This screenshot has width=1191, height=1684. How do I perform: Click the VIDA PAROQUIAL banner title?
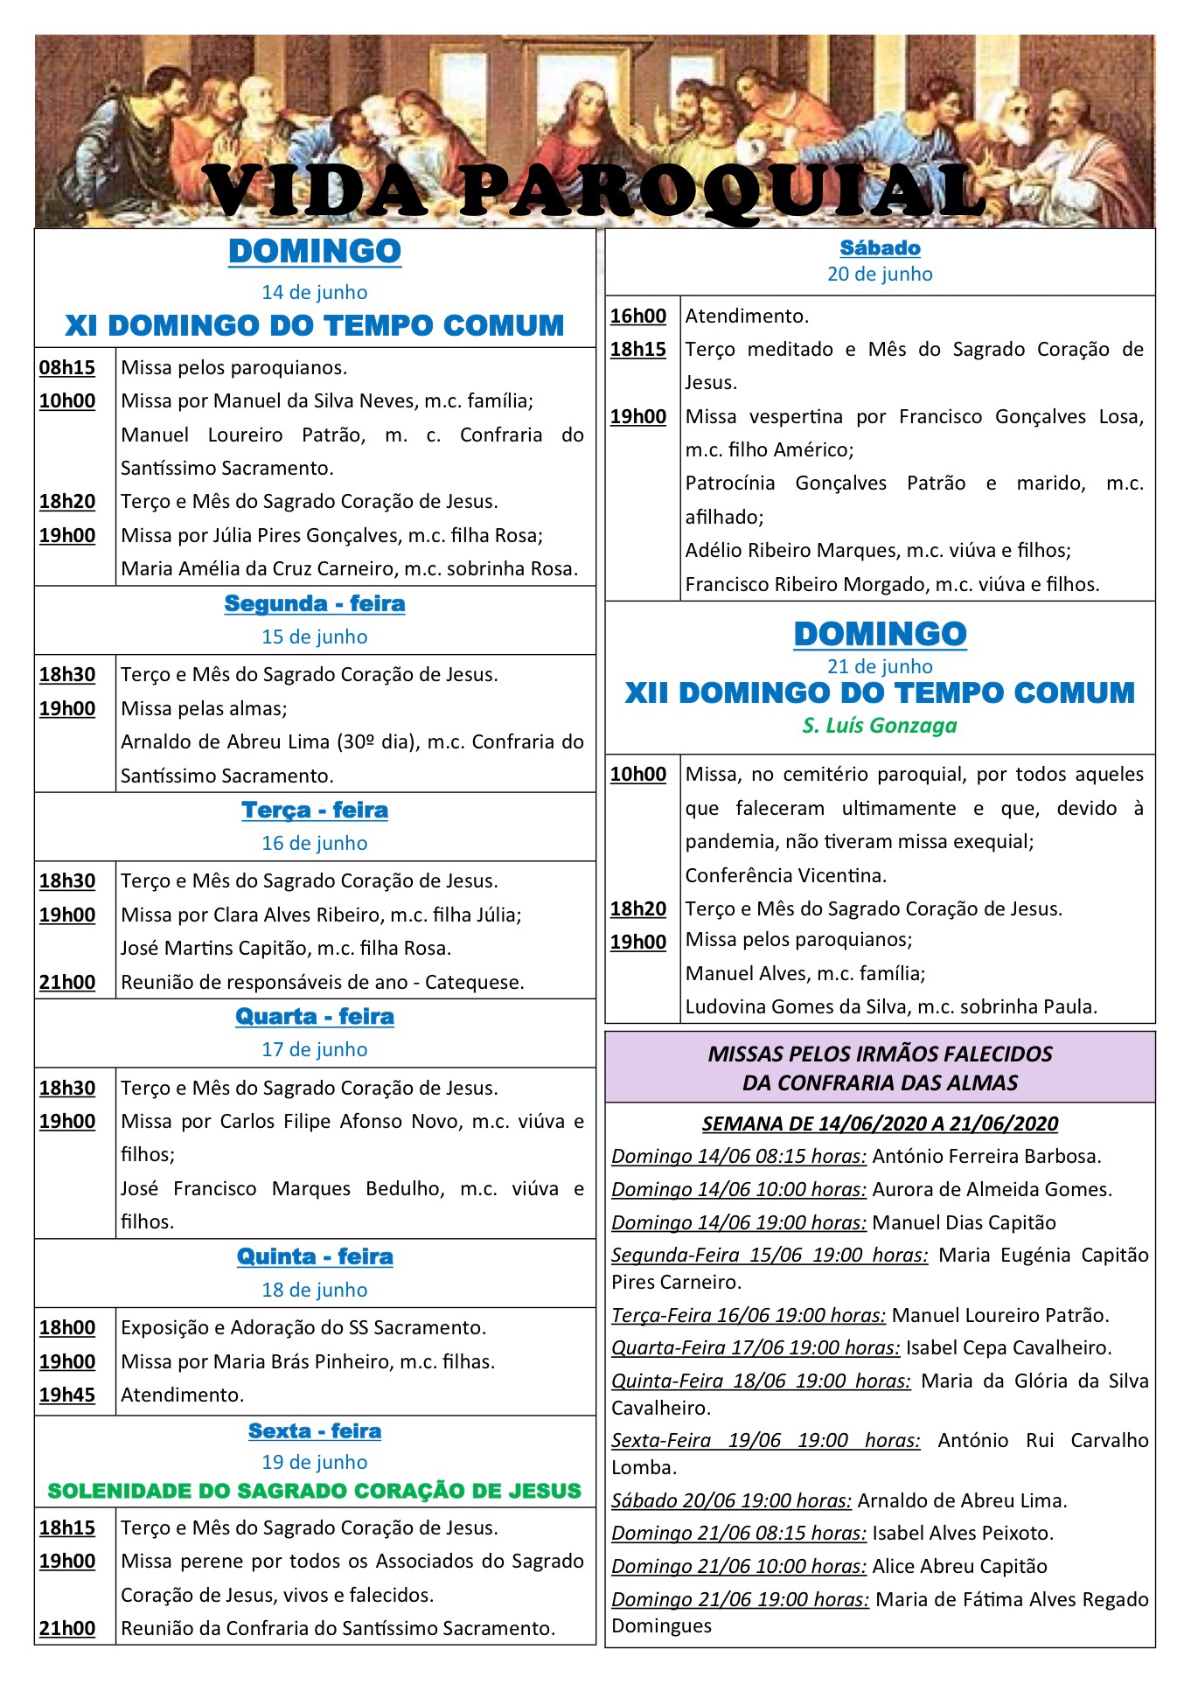pos(595,191)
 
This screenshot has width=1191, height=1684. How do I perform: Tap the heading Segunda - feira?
pos(315,604)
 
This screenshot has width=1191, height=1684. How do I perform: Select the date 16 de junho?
pos(315,844)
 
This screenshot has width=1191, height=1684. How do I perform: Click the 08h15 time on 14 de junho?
pos(67,368)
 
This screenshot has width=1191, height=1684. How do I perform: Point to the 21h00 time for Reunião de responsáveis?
pos(67,983)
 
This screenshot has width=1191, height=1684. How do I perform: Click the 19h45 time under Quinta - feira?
pos(67,1395)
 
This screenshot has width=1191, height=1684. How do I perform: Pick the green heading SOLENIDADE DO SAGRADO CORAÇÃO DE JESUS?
pos(315,1492)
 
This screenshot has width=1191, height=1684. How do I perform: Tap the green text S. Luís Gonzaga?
pos(880,726)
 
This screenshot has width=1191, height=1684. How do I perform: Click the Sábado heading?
pos(880,249)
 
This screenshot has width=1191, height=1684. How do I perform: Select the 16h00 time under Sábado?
pos(638,317)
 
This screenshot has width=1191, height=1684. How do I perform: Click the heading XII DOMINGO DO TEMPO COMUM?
pos(880,694)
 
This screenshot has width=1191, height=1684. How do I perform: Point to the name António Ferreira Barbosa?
pos(986,1157)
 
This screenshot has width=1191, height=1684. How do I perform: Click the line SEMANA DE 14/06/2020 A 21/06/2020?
pos(880,1124)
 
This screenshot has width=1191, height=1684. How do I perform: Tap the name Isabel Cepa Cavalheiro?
pos(1008,1348)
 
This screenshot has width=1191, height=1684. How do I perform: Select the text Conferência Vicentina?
pos(786,876)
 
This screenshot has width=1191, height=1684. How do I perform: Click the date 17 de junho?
pos(315,1050)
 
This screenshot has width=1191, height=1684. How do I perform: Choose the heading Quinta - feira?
pos(315,1257)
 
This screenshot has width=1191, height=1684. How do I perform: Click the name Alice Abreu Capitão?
pos(959,1567)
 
